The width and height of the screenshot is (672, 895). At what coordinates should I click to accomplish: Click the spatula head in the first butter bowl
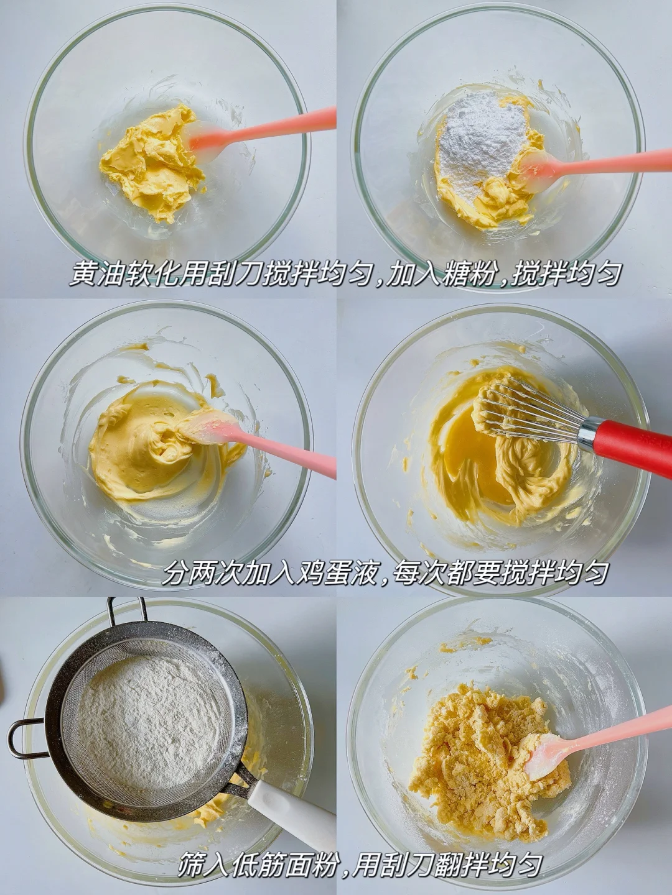[208, 137]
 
